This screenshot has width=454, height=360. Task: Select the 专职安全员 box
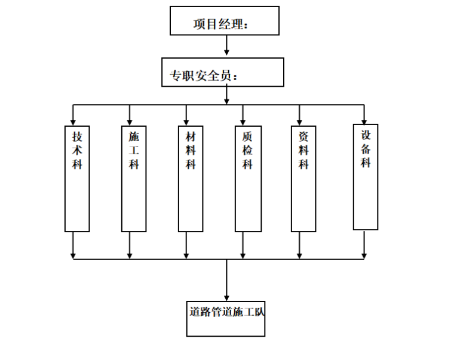(x=222, y=72)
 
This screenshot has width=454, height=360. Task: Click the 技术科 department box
(x=77, y=179)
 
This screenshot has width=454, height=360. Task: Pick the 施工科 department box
(x=134, y=179)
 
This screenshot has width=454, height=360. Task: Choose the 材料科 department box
(x=191, y=179)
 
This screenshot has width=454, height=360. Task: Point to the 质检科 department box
(x=248, y=179)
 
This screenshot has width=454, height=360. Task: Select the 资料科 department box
(x=303, y=179)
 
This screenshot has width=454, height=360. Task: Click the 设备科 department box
(x=366, y=177)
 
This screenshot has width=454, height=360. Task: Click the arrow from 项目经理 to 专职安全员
(x=226, y=45)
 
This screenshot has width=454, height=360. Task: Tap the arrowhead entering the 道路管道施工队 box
(x=226, y=297)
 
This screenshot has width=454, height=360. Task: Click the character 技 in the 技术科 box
(x=77, y=136)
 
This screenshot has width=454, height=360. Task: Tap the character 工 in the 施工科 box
(x=134, y=150)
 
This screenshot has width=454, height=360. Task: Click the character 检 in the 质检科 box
(x=248, y=150)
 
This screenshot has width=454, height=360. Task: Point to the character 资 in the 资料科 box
(x=303, y=136)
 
